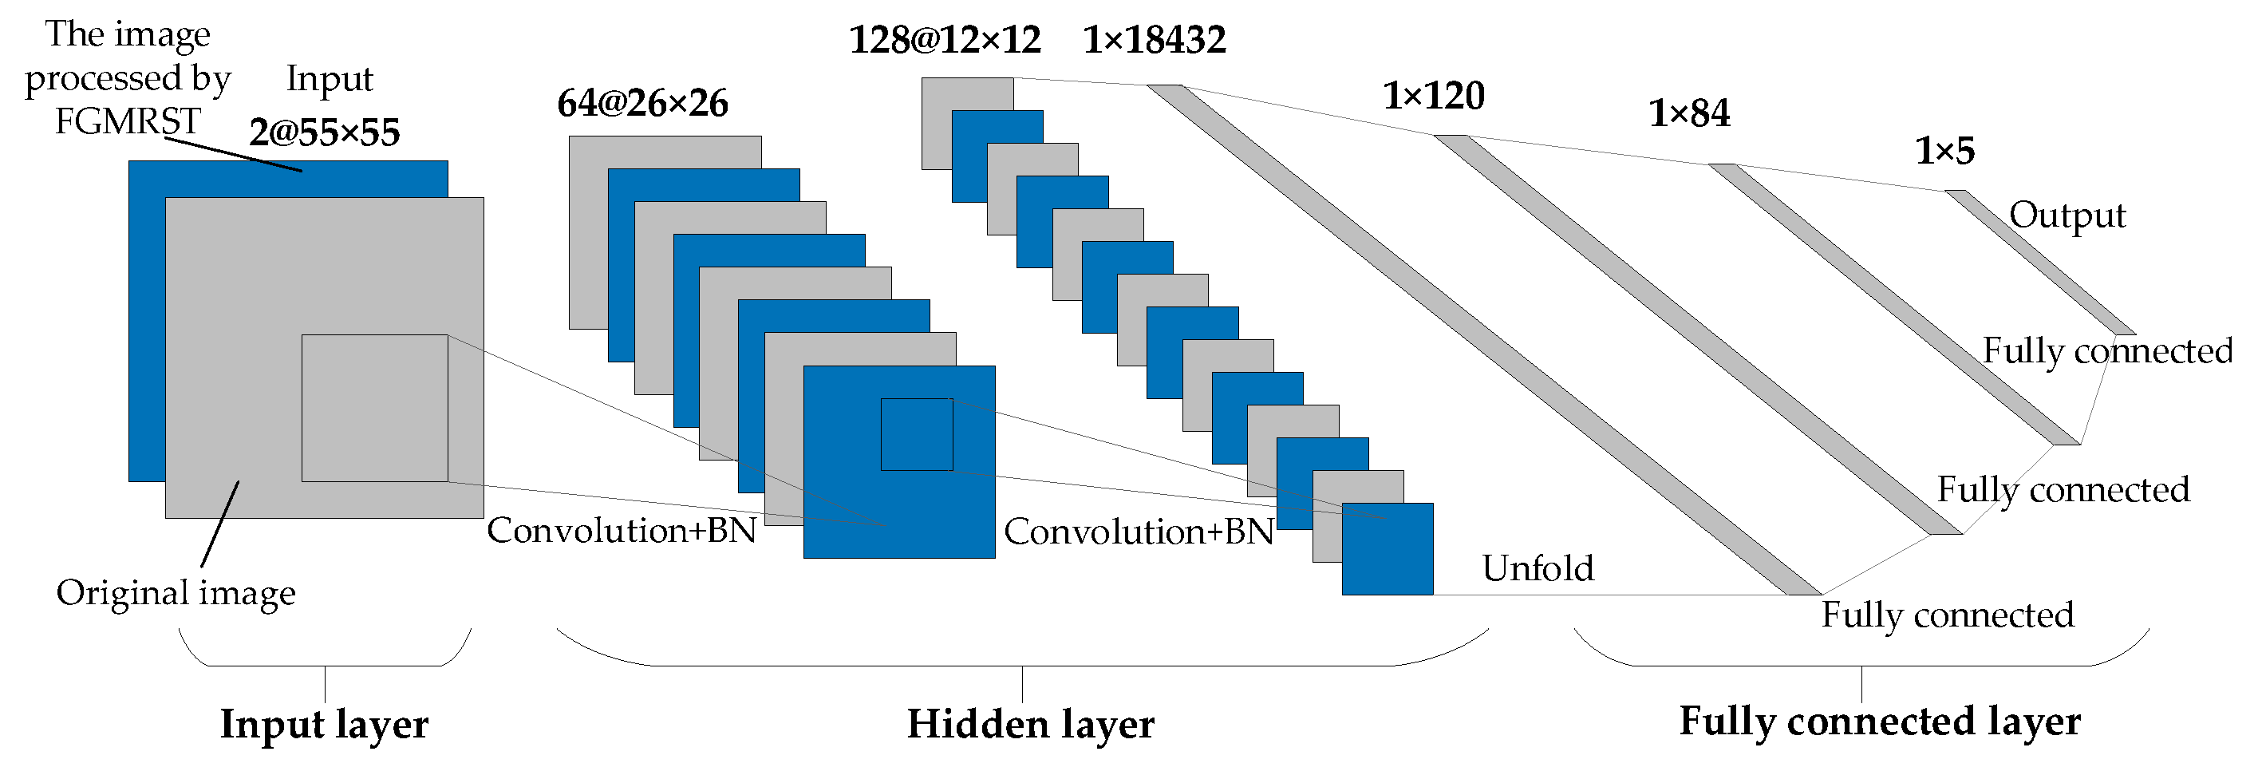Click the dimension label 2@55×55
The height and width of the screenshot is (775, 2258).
[x=324, y=133]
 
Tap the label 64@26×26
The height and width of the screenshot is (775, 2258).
[x=642, y=104]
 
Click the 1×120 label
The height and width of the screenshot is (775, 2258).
[x=1433, y=96]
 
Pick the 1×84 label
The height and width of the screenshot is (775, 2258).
[x=1689, y=114]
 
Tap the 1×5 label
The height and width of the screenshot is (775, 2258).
[x=1945, y=152]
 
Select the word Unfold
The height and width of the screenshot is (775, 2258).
[x=1538, y=568]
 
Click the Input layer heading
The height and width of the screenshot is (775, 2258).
[x=323, y=724]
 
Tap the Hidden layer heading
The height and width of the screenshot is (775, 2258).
[x=1030, y=724]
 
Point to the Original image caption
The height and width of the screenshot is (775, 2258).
[x=176, y=594]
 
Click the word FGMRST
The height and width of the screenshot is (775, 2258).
[x=128, y=122]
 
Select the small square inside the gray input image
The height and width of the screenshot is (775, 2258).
[x=374, y=408]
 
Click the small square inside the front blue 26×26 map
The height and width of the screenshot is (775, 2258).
[x=917, y=435]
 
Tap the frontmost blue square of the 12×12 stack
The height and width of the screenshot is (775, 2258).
[x=1388, y=549]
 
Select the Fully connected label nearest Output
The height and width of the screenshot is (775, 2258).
[x=2107, y=350]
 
